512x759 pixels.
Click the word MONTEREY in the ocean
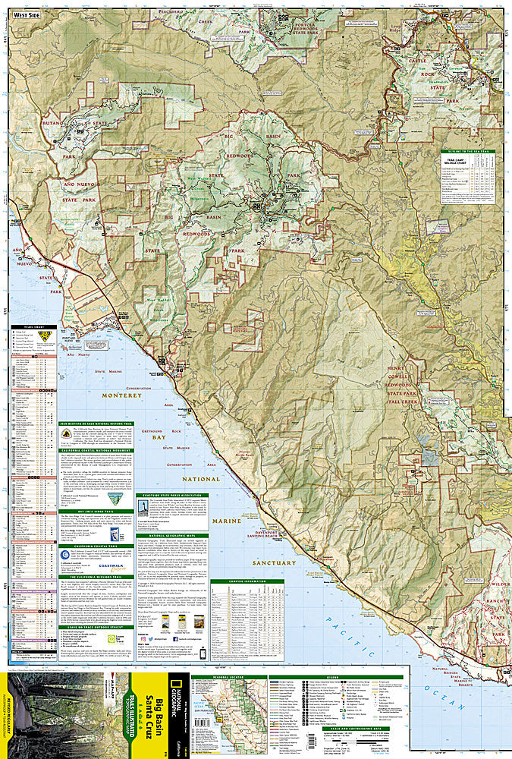coord(118,395)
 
